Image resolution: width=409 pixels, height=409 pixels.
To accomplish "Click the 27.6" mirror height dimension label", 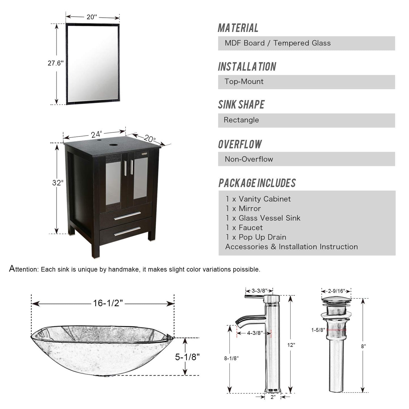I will click(x=55, y=63).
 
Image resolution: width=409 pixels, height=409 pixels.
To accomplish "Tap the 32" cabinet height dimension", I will click(x=57, y=183).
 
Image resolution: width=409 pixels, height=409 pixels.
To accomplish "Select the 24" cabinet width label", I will click(x=96, y=134).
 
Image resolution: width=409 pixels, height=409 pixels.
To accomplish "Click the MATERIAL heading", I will click(x=238, y=28).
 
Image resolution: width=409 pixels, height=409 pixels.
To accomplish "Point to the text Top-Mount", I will click(x=244, y=82).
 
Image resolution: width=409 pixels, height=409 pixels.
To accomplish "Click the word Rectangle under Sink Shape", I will click(x=241, y=120).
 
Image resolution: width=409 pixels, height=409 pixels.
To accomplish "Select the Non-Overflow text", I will click(x=249, y=159).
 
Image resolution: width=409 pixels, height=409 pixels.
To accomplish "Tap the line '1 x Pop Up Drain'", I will click(x=256, y=237).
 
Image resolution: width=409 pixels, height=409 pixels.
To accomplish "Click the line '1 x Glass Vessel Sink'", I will click(x=263, y=218).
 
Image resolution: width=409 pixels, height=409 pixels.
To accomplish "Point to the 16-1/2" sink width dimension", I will click(x=108, y=303).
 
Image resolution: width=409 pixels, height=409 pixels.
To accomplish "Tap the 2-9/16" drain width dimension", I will click(x=336, y=291).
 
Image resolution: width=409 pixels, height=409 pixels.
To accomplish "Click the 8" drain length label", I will click(x=363, y=346).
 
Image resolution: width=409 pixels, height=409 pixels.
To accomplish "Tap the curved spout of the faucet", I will click(x=249, y=320).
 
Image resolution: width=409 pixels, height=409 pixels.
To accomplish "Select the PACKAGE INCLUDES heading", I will click(x=257, y=183).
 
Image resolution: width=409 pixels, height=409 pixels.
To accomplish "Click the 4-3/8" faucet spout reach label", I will click(x=255, y=333).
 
